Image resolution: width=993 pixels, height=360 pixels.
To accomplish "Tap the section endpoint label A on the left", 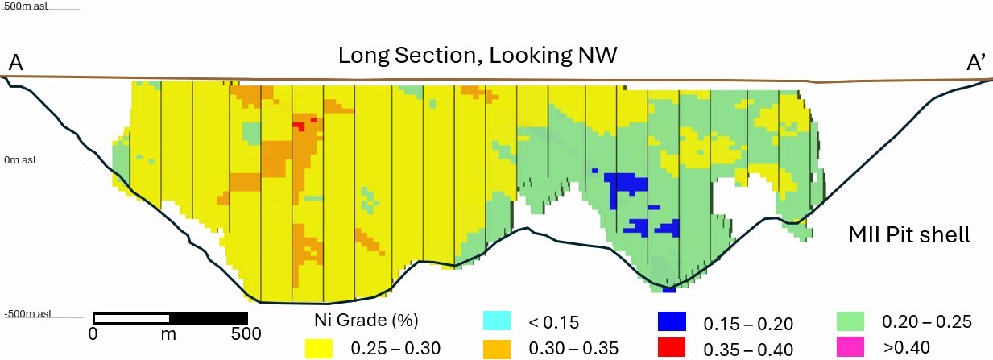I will pos(14,62).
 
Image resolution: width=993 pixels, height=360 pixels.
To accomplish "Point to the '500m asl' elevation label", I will pos(27,6).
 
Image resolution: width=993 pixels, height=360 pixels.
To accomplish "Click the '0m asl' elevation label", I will pos(19,159).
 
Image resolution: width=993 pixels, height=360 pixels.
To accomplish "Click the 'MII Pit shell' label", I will pos(909,236).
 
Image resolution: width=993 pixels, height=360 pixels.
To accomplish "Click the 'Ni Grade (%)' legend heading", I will pos(366,321).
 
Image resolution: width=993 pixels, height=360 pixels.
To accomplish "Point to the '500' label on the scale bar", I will pos(246,333).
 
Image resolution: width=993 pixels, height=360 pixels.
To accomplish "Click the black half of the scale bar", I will pos(208,317).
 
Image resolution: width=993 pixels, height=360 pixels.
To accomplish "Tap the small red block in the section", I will pos(299,126).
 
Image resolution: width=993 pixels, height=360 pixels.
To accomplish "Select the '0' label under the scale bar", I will pos(93,333).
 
